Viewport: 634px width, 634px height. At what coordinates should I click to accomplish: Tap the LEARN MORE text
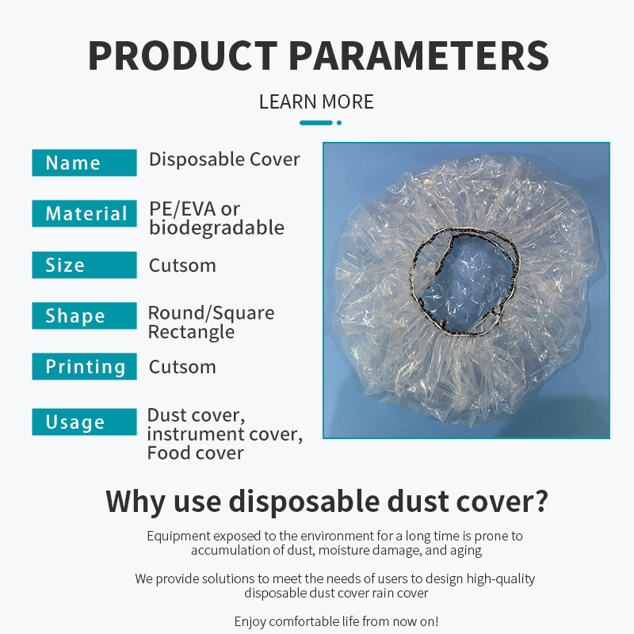(x=316, y=101)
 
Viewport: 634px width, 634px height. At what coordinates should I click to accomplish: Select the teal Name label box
(x=84, y=162)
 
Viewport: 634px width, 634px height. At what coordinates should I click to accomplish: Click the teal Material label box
(x=84, y=214)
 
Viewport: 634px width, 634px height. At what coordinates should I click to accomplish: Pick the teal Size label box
(x=84, y=265)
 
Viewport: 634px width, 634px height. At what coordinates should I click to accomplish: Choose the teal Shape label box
(x=84, y=315)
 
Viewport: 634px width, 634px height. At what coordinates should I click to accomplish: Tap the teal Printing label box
(x=84, y=366)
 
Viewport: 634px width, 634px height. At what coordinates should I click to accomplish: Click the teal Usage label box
(x=84, y=422)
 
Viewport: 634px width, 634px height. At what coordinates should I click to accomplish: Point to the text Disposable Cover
(x=224, y=159)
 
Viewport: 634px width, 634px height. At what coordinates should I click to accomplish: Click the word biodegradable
(x=216, y=228)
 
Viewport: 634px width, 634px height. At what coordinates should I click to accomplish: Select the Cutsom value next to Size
(x=182, y=265)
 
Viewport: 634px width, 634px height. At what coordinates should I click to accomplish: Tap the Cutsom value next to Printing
(x=182, y=367)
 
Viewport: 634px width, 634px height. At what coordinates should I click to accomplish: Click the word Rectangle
(x=191, y=332)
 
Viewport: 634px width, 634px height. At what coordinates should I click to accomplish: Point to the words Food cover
(x=195, y=453)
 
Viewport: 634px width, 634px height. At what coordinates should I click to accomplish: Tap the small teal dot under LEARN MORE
(x=339, y=123)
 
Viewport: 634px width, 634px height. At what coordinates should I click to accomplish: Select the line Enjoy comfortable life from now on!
(x=336, y=621)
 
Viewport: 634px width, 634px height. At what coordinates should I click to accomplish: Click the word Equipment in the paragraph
(x=178, y=537)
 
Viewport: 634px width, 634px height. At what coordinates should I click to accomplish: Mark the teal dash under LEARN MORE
(x=316, y=123)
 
